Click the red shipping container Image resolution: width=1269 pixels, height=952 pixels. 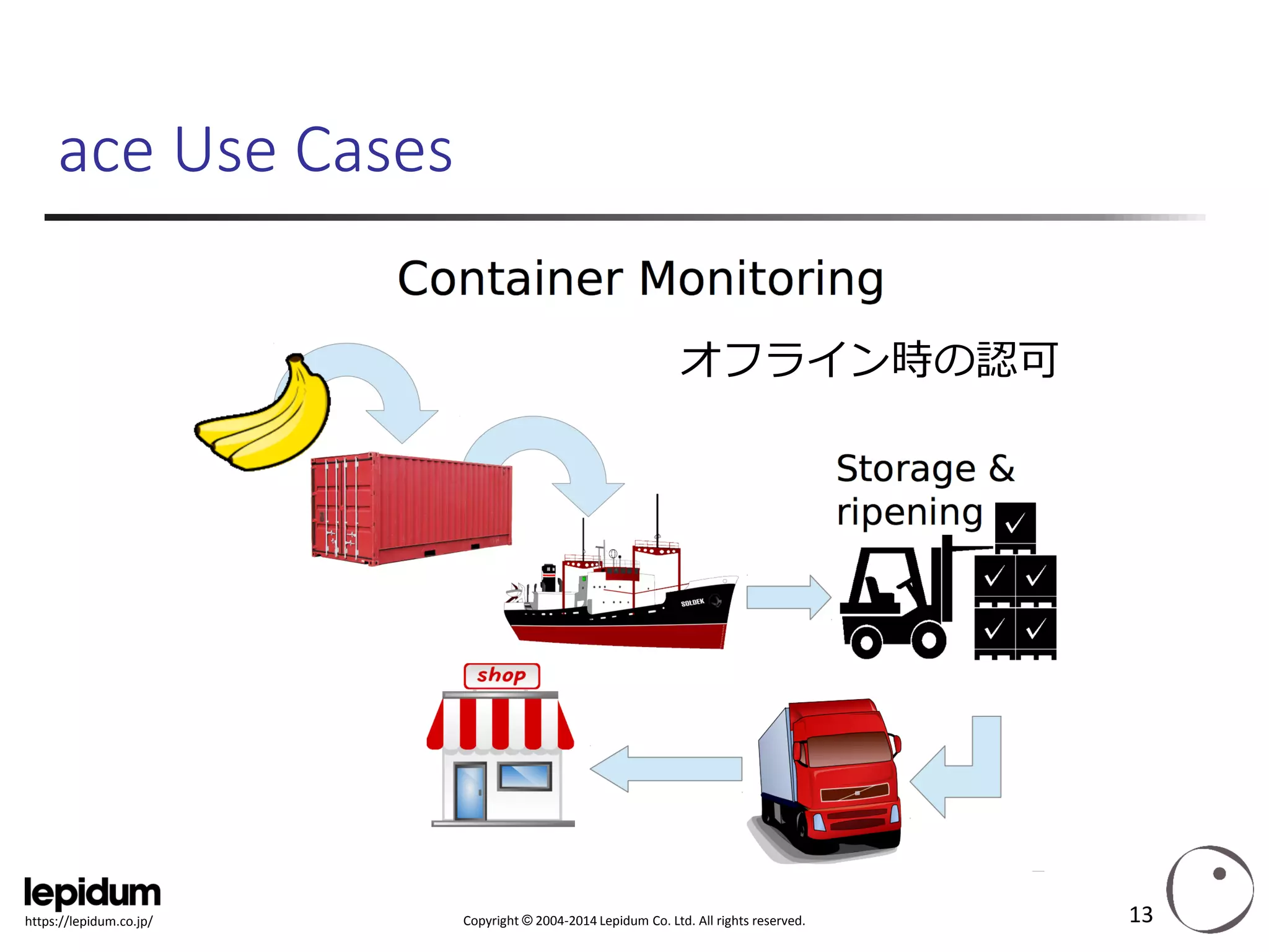tap(412, 508)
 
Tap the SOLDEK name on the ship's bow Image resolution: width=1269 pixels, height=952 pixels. tap(692, 602)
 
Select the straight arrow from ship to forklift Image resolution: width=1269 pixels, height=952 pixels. tap(787, 597)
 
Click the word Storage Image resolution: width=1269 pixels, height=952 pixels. tap(905, 469)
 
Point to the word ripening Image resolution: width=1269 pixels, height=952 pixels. tap(909, 513)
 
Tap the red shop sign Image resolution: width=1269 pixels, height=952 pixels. tap(501, 676)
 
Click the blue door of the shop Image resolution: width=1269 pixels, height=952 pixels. tap(470, 791)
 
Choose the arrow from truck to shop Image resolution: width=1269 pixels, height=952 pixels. tap(666, 769)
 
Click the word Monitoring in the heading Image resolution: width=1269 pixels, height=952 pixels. tap(760, 279)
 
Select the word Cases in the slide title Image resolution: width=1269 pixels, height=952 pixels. tap(374, 151)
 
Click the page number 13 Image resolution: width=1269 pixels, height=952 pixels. tap(1140, 915)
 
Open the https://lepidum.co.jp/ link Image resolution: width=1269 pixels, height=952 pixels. tap(89, 922)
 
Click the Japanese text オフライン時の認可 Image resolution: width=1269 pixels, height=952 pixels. tap(869, 359)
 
